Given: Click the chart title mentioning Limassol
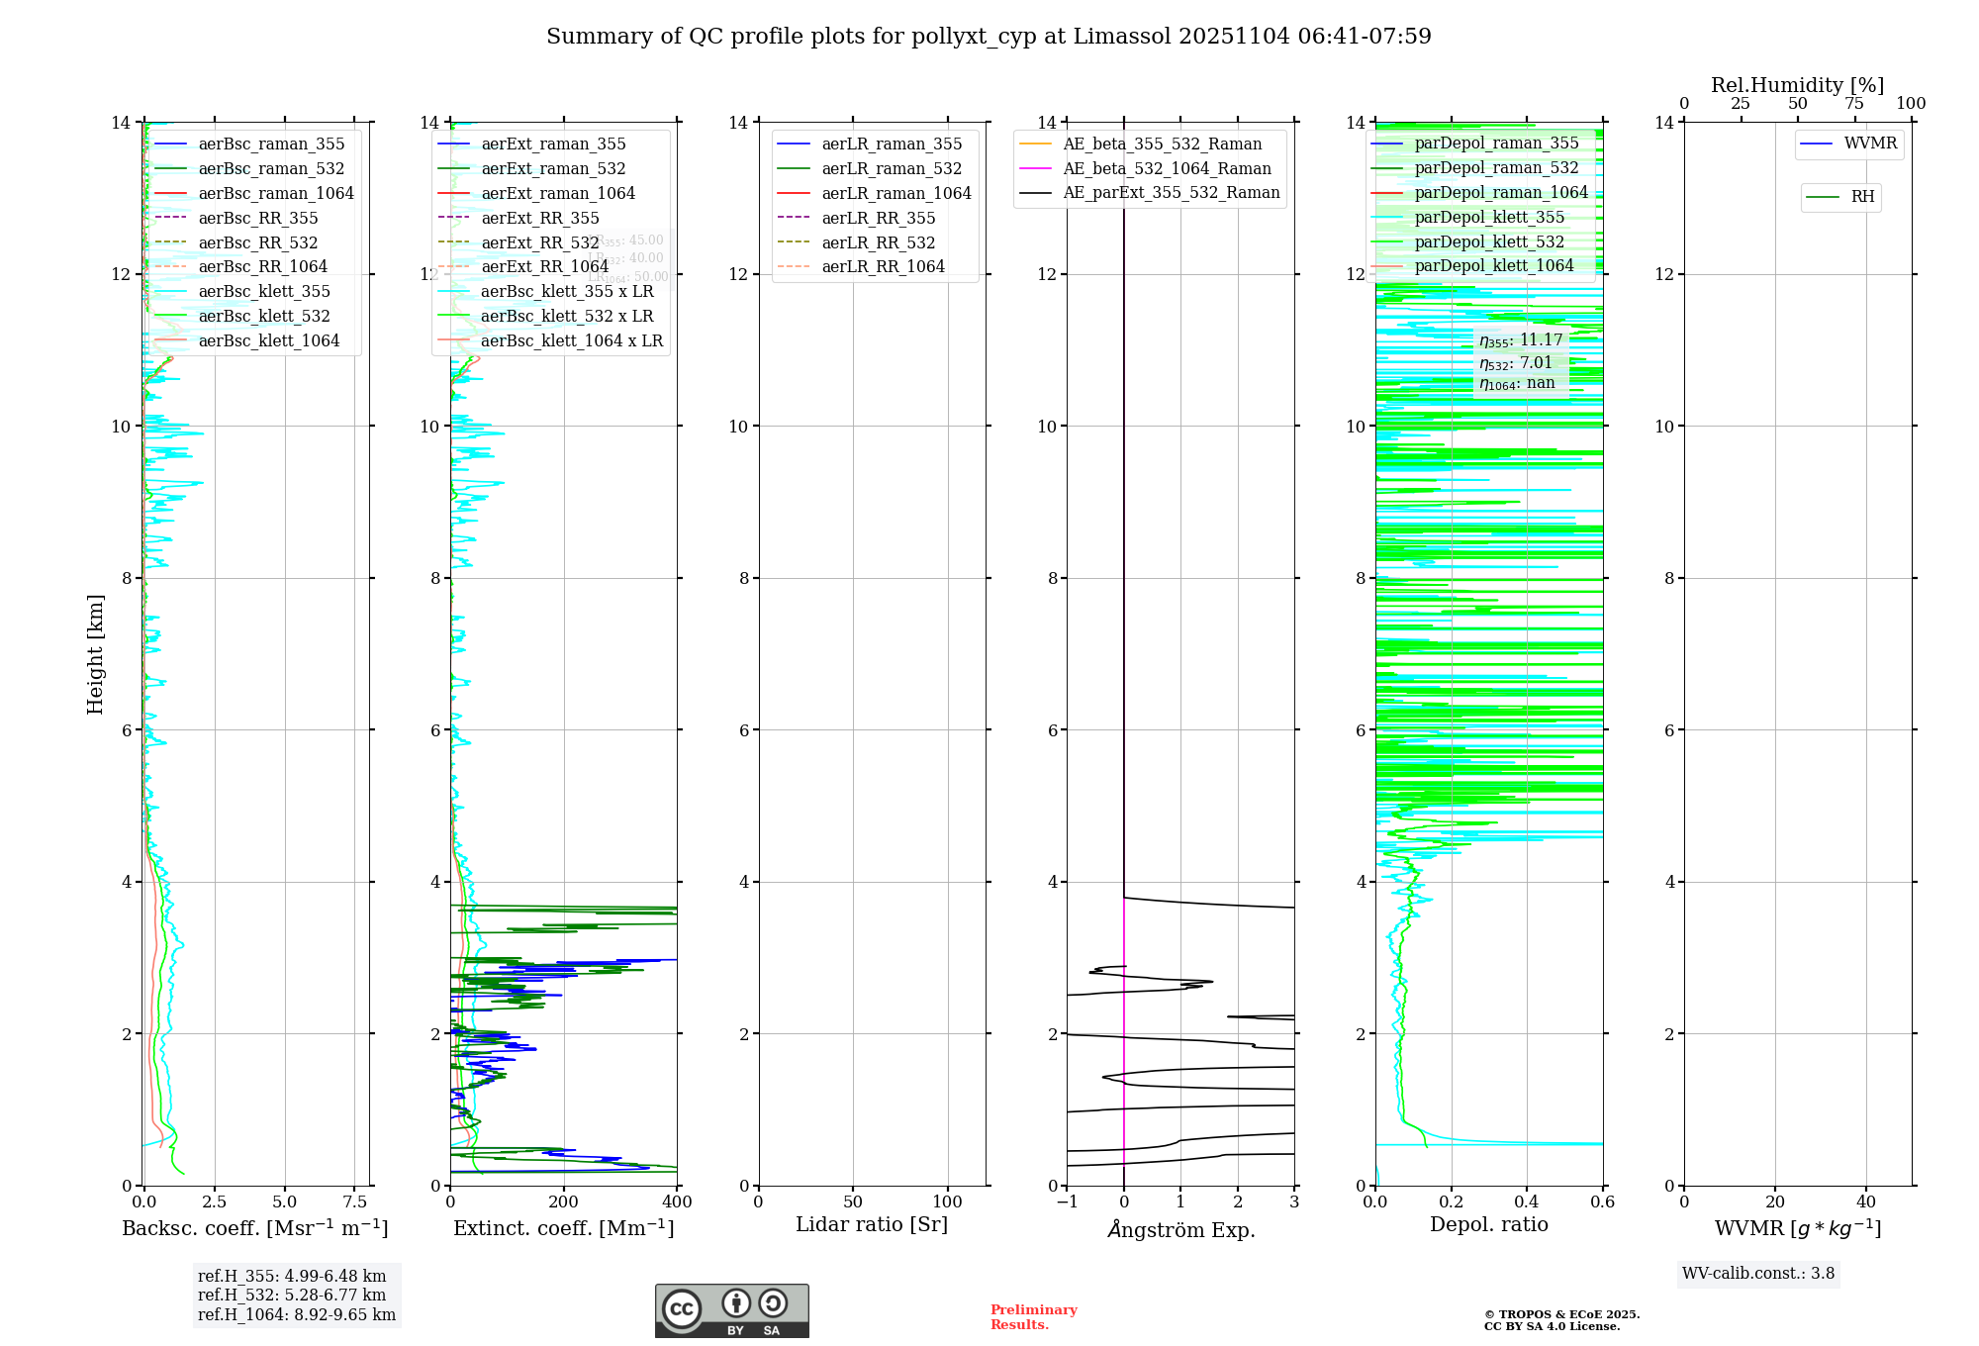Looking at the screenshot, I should click(989, 37).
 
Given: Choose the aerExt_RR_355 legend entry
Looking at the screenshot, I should click(539, 219).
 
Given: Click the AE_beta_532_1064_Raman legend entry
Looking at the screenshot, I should click(1167, 169).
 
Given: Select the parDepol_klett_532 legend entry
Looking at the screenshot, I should click(1489, 242).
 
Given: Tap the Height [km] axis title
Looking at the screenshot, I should click(95, 653).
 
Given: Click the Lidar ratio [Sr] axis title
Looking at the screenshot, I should click(872, 1225).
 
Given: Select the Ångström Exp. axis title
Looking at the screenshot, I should click(1180, 1230).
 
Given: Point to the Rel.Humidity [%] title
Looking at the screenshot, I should click(1797, 86).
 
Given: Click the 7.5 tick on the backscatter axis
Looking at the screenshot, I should click(355, 1202).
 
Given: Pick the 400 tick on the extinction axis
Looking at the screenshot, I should click(677, 1202).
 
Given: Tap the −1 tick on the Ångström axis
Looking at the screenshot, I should click(1066, 1202).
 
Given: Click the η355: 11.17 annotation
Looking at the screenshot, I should click(1521, 341).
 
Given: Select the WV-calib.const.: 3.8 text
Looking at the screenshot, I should click(1758, 1274).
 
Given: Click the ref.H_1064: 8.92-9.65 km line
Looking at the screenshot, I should click(297, 1315).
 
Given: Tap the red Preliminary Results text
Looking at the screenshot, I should click(1033, 1317).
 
